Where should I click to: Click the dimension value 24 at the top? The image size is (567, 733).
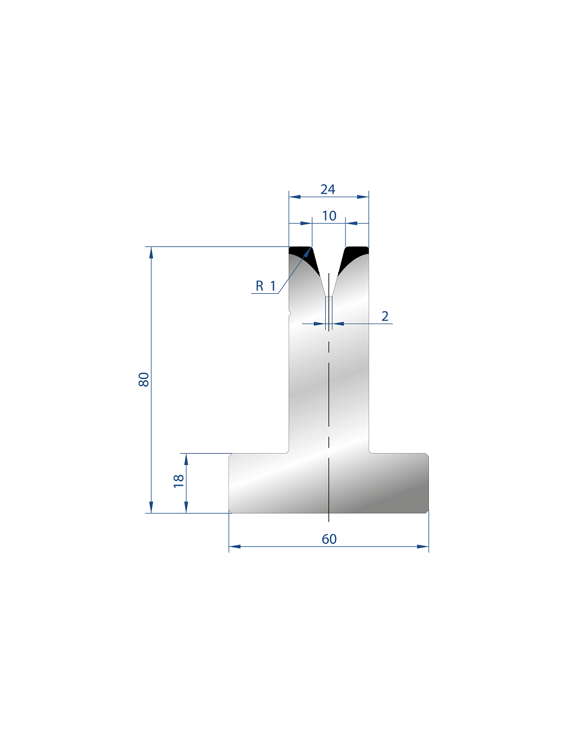(x=327, y=190)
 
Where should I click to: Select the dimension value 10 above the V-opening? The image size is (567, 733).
(x=329, y=216)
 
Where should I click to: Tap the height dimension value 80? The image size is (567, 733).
(x=144, y=379)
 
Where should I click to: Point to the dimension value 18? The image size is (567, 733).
(x=178, y=481)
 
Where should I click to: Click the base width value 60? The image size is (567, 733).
(x=329, y=539)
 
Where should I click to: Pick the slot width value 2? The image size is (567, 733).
(x=385, y=316)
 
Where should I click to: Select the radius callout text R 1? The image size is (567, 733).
(x=265, y=286)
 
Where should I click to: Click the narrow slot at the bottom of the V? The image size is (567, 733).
(x=328, y=310)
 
